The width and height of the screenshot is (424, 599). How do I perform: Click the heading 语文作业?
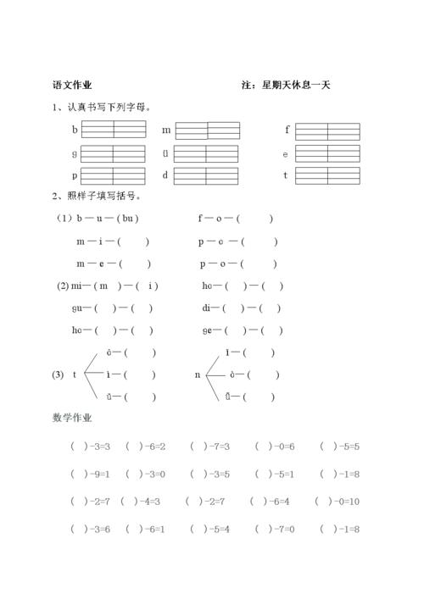point(72,85)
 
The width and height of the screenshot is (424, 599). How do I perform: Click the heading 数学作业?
point(72,418)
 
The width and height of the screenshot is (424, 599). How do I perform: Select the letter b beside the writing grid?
point(75,130)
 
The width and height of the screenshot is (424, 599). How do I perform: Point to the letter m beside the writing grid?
point(167,130)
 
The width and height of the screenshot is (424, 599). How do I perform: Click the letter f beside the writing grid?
point(287,130)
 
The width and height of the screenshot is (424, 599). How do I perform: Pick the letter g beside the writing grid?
point(75,153)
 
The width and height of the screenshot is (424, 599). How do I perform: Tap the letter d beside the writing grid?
point(165,175)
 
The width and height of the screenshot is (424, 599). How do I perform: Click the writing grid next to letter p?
point(114,175)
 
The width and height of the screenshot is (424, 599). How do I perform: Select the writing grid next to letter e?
point(327,154)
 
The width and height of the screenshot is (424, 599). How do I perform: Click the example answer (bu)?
point(128,218)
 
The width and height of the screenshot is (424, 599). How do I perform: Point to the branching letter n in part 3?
point(198,374)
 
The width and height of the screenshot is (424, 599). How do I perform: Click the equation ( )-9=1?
point(88,474)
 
